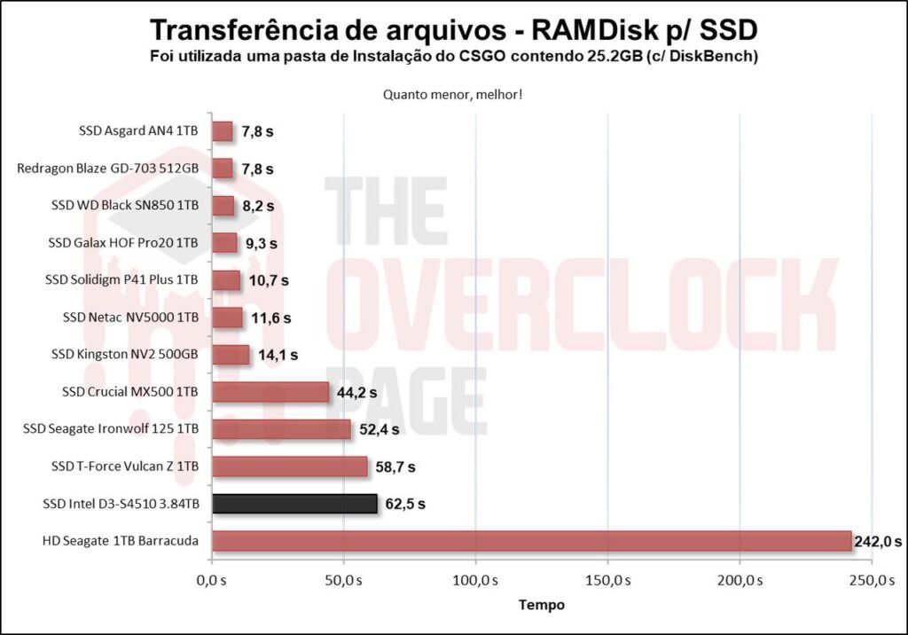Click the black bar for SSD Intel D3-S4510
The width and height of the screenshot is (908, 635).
click(x=294, y=505)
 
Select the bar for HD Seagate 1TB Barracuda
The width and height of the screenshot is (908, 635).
click(x=531, y=541)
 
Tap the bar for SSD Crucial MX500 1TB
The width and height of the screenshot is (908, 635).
click(x=270, y=392)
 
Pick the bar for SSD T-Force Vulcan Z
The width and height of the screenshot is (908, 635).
click(x=289, y=466)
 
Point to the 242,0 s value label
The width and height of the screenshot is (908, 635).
click(x=878, y=541)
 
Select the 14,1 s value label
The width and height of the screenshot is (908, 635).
click(x=278, y=356)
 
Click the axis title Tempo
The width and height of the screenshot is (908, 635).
click(x=541, y=605)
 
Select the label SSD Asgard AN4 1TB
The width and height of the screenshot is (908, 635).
click(x=138, y=131)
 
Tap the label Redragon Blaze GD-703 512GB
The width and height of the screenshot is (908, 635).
click(x=108, y=169)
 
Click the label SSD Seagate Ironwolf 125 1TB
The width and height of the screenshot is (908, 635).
click(x=111, y=429)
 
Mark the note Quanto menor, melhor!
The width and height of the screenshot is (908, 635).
click(x=452, y=94)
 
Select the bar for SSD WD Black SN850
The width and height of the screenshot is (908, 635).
click(x=223, y=206)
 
